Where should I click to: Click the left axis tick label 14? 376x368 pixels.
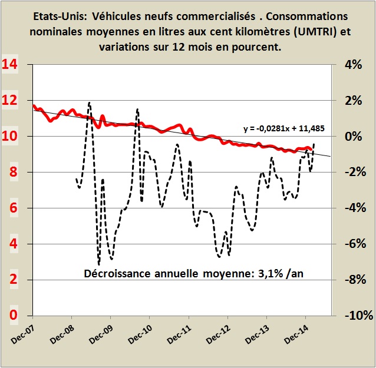(9, 64)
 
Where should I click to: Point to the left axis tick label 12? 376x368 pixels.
(9, 100)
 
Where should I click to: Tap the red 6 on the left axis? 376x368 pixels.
(13, 208)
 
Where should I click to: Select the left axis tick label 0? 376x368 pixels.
(13, 315)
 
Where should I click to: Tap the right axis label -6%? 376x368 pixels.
(355, 244)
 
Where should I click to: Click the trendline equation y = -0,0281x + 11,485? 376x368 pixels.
(284, 127)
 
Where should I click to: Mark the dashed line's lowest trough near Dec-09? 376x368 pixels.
(98, 264)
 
